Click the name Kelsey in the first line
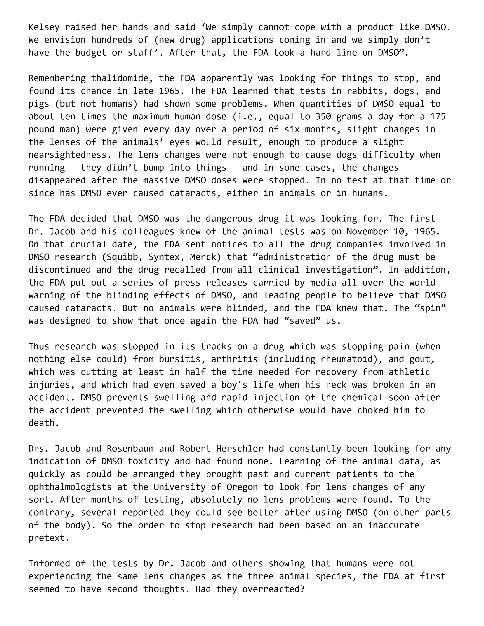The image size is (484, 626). pos(44,27)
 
